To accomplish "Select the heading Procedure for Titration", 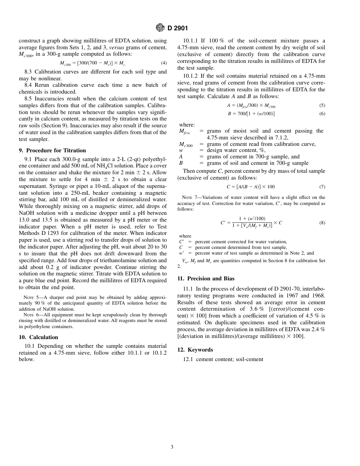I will coord(52,150).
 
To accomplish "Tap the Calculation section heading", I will coord(38,337).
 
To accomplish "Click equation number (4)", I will coord(163,63).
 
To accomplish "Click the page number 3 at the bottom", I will coord(172,447).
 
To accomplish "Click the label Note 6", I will coord(31,315).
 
